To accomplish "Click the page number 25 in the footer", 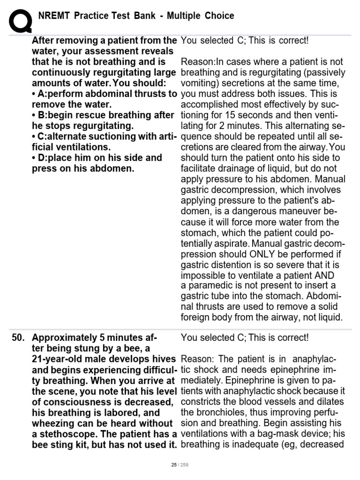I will point(174,465).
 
